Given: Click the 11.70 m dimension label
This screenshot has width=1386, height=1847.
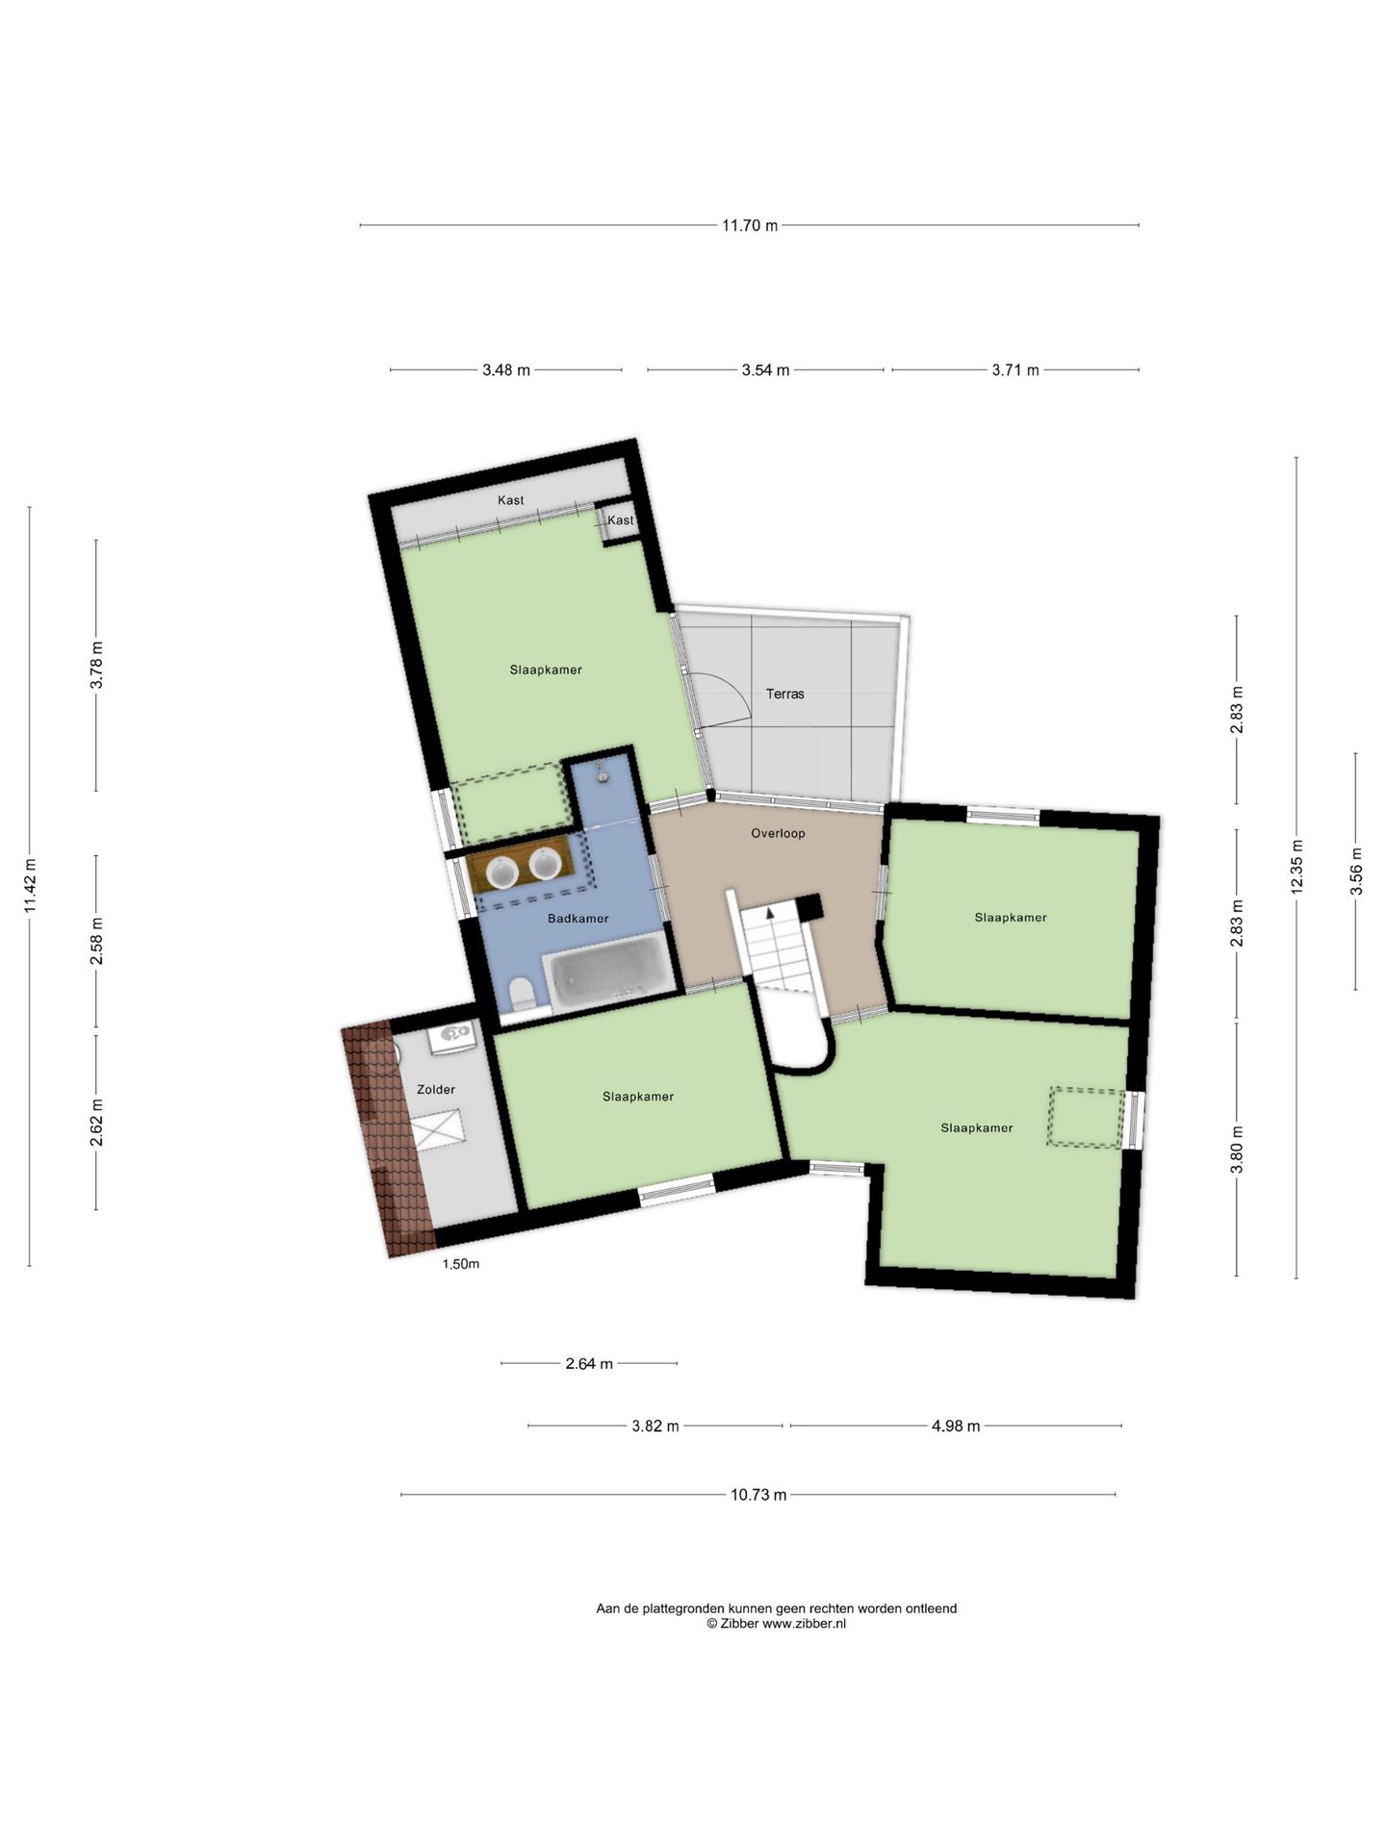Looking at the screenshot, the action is (750, 226).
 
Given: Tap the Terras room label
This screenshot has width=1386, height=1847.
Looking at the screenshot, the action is (784, 694).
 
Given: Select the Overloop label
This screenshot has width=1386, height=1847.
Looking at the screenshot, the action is (778, 833).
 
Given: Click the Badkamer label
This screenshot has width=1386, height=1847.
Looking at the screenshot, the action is (578, 919).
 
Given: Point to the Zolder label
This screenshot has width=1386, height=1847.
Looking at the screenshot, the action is (436, 1090).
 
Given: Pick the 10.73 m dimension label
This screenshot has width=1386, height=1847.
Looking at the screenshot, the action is (758, 1495).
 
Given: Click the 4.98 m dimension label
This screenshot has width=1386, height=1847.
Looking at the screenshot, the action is (956, 1426).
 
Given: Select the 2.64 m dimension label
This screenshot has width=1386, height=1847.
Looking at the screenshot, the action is (589, 1363).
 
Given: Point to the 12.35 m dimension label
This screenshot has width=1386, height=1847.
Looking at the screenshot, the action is (1296, 867).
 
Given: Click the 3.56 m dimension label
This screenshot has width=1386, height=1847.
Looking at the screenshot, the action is (1356, 871).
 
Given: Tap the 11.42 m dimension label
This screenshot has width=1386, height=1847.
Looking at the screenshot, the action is (30, 886).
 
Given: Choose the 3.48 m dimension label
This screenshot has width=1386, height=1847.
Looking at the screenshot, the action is (506, 370).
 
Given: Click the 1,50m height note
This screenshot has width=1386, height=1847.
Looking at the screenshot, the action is (460, 1264).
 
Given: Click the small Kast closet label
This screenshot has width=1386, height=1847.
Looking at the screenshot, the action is (621, 520).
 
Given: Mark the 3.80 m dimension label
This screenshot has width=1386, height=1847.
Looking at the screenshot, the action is (1237, 1149).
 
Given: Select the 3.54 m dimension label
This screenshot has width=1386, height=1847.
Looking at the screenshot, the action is (765, 370).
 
